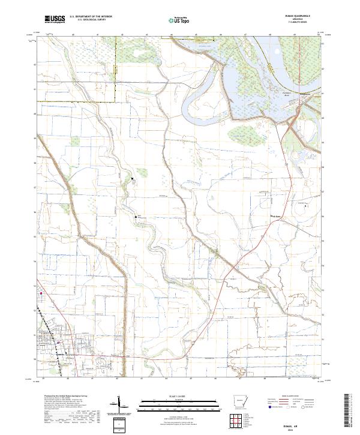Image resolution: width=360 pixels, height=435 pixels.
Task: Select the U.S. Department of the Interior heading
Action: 91,17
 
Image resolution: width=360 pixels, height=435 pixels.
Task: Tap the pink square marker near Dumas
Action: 41,294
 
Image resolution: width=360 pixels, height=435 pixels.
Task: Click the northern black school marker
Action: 133,178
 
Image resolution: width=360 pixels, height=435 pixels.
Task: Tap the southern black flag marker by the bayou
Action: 136,216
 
